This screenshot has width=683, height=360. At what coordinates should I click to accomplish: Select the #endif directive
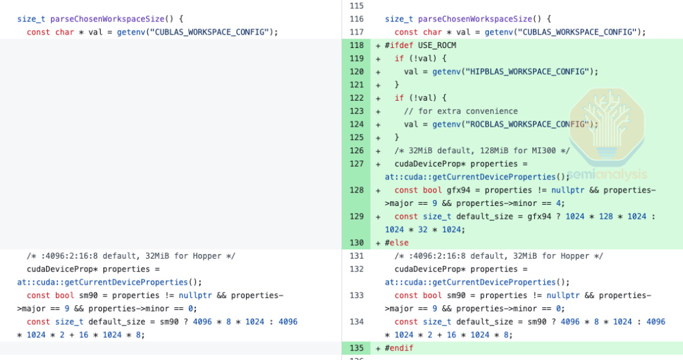click(x=399, y=348)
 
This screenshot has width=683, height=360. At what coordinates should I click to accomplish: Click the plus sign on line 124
click(x=378, y=124)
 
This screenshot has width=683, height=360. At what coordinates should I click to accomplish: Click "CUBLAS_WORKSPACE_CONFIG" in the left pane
click(x=213, y=32)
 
